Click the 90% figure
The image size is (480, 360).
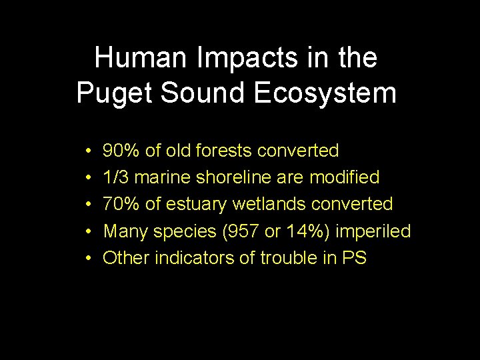tap(121, 151)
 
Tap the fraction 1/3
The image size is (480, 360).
tap(116, 178)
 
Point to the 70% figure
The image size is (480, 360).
tap(121, 205)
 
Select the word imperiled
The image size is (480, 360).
tap(373, 231)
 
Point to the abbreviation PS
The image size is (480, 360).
tap(354, 258)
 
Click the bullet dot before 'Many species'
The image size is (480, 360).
tap(89, 232)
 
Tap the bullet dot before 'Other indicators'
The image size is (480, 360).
tap(89, 259)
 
